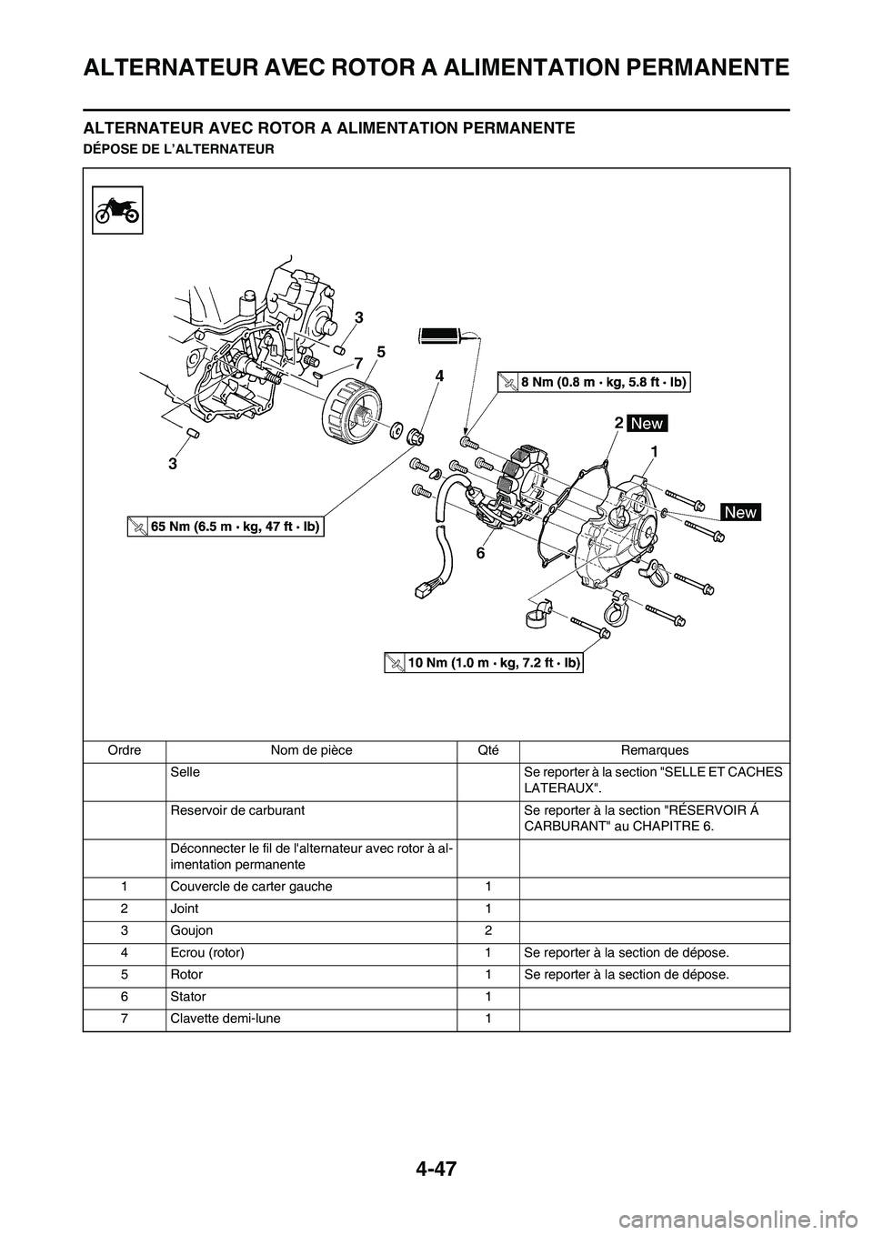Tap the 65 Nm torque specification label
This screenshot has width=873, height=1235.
(227, 527)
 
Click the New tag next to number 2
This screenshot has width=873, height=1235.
(646, 424)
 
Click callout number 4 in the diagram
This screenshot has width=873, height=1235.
(439, 375)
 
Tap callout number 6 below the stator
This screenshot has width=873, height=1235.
(479, 552)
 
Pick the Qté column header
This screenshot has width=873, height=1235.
(488, 750)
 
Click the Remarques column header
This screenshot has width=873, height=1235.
(654, 750)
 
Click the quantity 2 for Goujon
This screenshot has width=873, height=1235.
(488, 930)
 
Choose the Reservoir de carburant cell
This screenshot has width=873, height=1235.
(236, 809)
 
